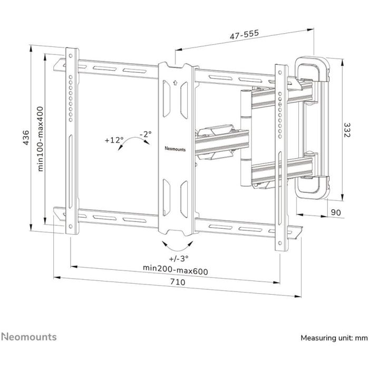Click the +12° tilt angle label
[x=114, y=140]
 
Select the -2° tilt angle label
[x=146, y=134]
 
